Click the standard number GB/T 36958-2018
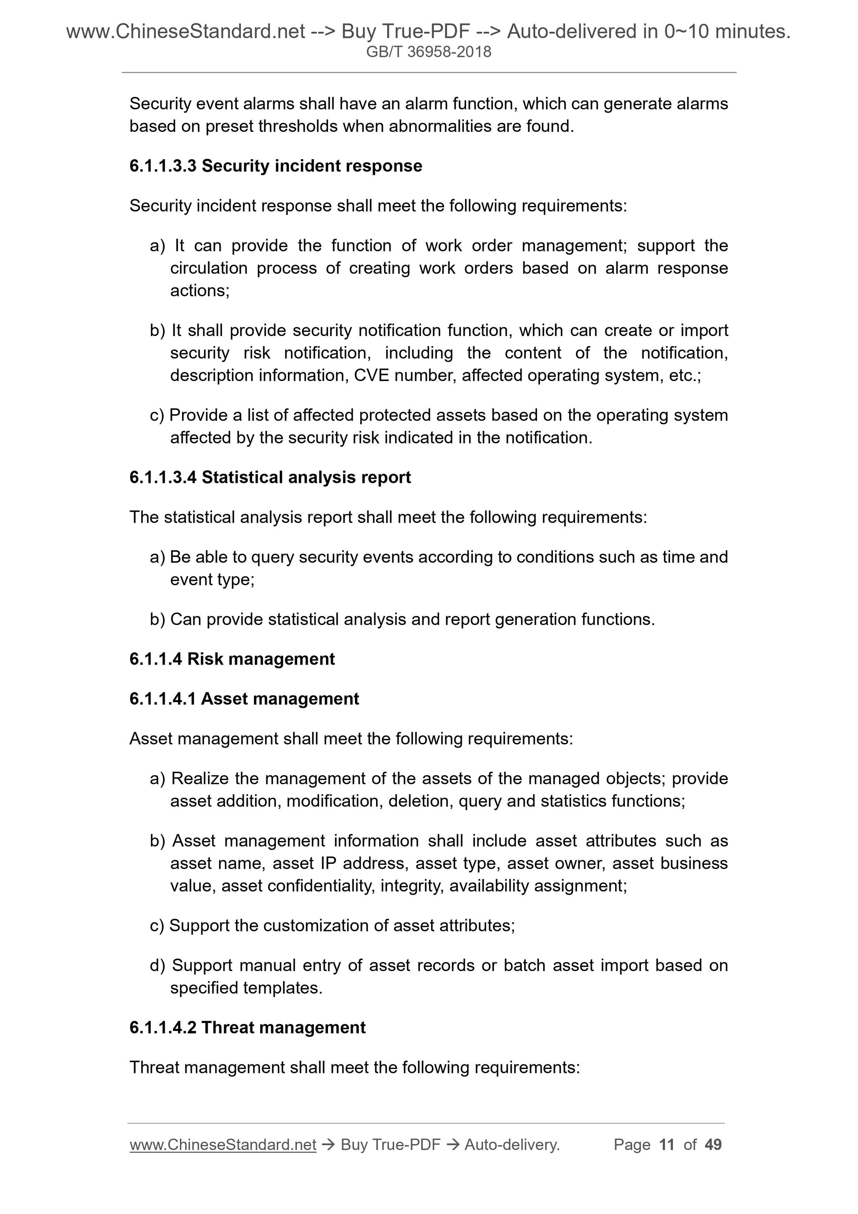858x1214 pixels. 429,52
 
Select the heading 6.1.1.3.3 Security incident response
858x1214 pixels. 276,166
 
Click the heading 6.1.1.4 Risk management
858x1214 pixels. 232,659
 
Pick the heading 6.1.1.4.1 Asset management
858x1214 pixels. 244,699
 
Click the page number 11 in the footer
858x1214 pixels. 667,1144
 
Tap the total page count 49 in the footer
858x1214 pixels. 713,1144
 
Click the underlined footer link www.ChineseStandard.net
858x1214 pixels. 223,1144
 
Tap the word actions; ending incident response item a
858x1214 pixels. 200,291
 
